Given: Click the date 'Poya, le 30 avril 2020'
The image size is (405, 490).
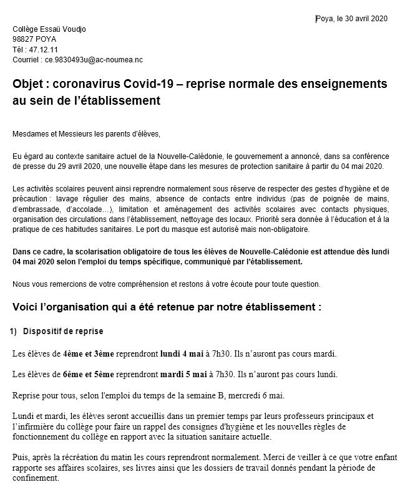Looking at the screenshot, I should [x=352, y=19].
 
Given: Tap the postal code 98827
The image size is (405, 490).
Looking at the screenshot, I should [x=24, y=39].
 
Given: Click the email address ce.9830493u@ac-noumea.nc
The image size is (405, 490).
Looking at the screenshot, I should [x=94, y=60].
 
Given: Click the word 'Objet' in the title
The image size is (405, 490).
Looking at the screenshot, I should [x=30, y=84].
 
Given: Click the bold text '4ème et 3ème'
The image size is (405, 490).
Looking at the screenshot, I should [x=89, y=354].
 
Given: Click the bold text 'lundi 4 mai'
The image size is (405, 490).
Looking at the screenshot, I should [x=182, y=354].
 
